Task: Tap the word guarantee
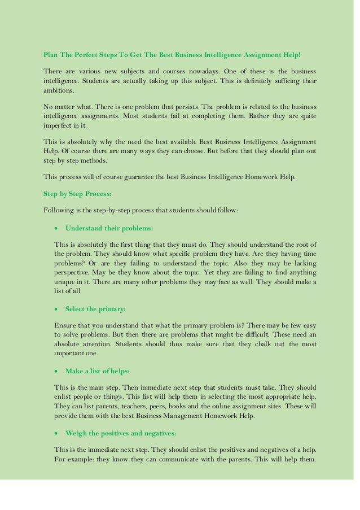click(x=132, y=177)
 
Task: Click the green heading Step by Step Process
click(x=77, y=194)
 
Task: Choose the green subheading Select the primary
click(x=95, y=309)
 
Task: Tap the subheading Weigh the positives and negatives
click(x=121, y=433)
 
